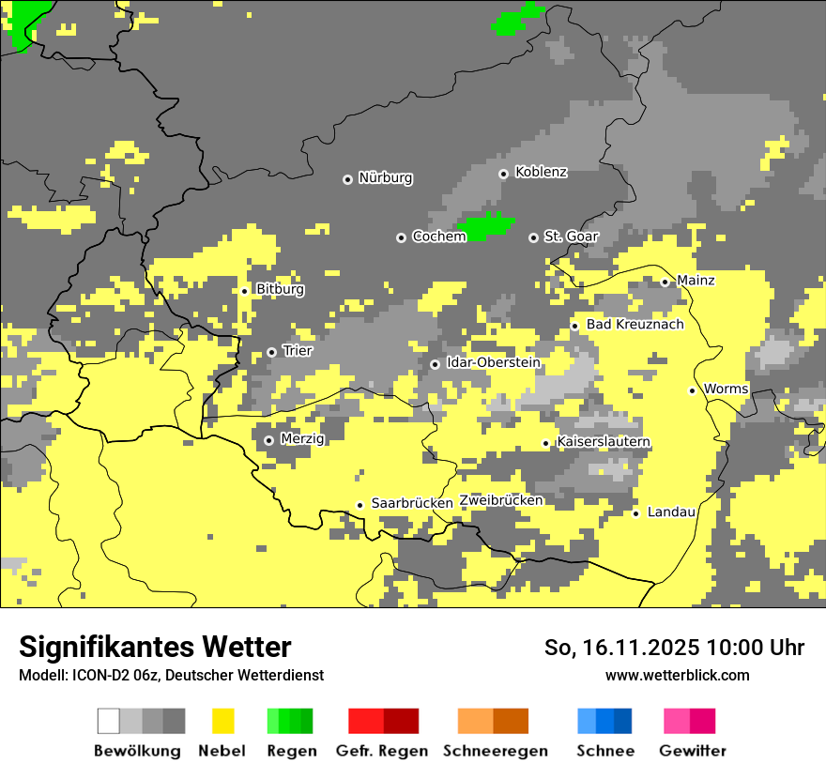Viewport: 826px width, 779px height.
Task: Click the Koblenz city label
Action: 541,172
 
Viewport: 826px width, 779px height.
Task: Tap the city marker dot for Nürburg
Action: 347,178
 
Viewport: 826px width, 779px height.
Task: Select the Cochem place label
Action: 438,237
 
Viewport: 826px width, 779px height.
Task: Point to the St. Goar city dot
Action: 533,237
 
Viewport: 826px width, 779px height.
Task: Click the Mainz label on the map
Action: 696,281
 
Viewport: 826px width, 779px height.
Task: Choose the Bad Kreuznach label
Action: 635,325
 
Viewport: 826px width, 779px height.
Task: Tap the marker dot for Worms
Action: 692,390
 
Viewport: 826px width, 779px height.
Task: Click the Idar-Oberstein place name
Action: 493,362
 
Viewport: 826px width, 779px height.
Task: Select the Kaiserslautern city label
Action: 604,442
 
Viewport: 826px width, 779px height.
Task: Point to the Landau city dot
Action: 635,513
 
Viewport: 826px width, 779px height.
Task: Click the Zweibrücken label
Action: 501,500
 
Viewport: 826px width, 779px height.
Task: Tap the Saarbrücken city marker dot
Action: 359,505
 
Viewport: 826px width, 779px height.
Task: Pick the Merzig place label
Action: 302,438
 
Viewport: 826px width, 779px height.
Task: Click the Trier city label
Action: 298,351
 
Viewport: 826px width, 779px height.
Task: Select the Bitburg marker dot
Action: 244,291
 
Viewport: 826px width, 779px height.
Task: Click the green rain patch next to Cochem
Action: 485,227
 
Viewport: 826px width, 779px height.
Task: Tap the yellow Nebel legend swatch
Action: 222,721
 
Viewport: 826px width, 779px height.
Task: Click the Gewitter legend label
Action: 692,751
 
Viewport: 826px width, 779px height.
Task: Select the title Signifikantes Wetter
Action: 155,647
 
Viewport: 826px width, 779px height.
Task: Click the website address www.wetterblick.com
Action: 677,676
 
